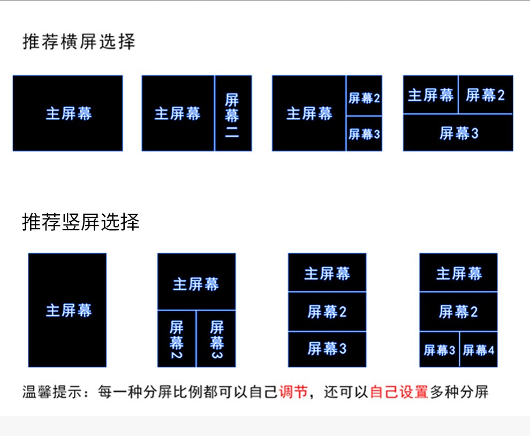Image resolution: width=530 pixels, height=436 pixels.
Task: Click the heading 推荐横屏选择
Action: click(79, 42)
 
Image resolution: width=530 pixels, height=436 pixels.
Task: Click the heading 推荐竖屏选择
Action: click(81, 222)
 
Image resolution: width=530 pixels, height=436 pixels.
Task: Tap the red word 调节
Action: click(293, 392)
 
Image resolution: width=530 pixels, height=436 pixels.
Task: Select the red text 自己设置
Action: click(399, 392)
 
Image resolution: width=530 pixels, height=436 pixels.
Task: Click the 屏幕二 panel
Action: click(232, 114)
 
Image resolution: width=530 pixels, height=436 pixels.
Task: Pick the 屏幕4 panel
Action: click(479, 350)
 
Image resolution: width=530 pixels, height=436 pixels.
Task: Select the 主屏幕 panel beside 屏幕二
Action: click(178, 114)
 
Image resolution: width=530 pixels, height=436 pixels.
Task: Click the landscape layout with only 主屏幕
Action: click(68, 114)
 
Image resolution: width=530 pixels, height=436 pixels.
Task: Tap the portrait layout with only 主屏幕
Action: click(67, 311)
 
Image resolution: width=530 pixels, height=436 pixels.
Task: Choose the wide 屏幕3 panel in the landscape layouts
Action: click(458, 133)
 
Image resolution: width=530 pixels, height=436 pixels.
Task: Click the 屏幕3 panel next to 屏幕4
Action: click(439, 350)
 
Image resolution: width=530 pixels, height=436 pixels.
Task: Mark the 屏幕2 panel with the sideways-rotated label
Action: click(177, 339)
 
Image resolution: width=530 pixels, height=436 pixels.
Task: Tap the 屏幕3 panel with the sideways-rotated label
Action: click(216, 339)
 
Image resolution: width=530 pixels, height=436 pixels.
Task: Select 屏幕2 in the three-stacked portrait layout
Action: click(327, 312)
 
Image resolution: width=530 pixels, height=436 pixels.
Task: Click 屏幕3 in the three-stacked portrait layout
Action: click(327, 349)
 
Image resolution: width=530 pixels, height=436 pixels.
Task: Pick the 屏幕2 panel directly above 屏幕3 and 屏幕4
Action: click(458, 312)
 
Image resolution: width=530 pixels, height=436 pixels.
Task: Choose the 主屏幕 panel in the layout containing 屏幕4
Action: click(458, 273)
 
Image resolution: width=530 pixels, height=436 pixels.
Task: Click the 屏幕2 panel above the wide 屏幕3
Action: click(486, 95)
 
